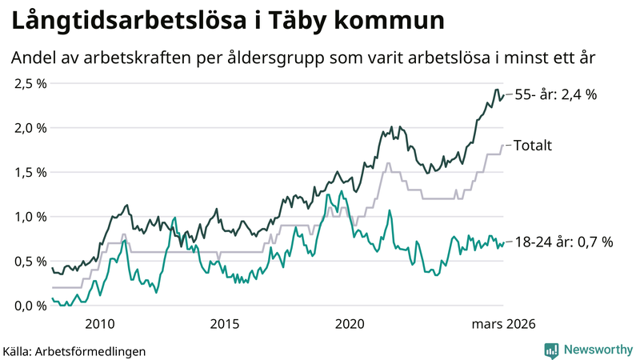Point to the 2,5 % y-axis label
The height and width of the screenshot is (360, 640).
click(30, 83)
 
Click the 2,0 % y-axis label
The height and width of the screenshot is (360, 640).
click(30, 128)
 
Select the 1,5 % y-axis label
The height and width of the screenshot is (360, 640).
click(30, 172)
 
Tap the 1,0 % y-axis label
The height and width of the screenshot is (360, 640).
click(30, 217)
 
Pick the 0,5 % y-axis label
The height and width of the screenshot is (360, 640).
click(30, 261)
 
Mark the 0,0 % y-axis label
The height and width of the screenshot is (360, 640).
click(30, 306)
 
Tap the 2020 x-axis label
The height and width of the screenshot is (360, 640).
click(350, 324)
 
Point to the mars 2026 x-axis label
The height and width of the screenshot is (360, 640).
click(502, 324)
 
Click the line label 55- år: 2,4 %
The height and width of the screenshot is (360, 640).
click(555, 94)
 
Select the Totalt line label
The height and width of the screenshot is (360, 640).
click(532, 146)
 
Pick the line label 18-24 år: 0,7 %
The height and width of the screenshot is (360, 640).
click(563, 242)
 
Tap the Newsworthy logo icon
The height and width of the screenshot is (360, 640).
click(552, 350)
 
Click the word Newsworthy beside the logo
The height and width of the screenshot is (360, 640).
click(597, 350)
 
